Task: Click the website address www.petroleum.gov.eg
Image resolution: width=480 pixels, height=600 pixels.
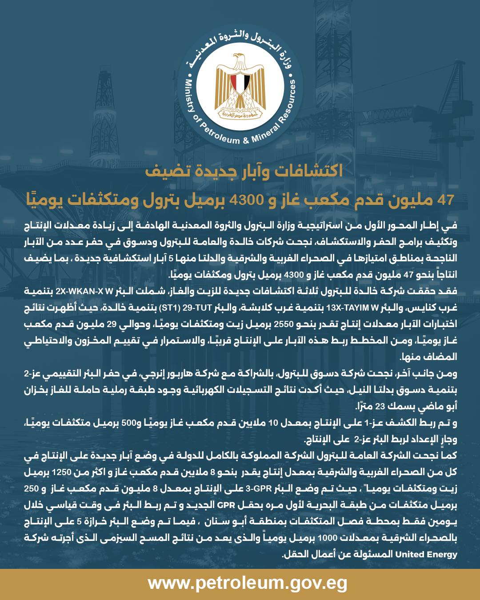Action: click(248, 583)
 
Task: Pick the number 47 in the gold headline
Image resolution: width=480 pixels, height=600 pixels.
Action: click(445, 200)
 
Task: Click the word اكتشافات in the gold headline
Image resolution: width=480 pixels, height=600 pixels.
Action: click(311, 172)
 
